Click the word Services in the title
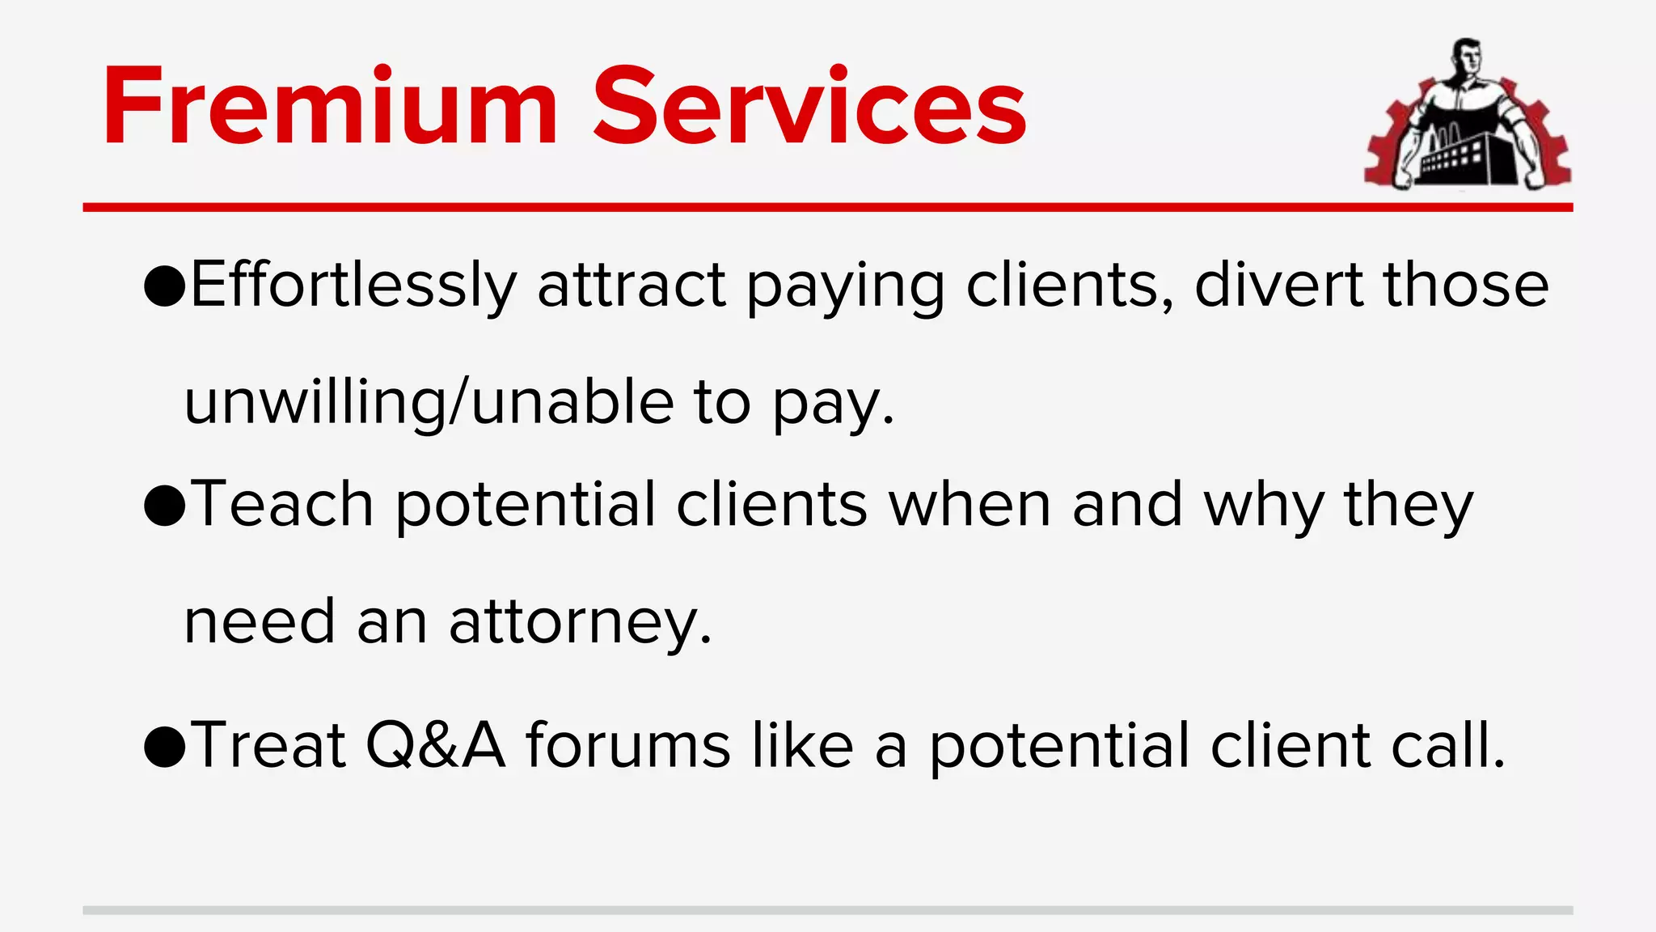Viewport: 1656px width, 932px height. pos(809,107)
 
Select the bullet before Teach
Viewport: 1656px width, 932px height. pos(164,506)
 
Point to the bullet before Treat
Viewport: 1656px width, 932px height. pos(164,746)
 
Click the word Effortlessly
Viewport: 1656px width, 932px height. pos(353,286)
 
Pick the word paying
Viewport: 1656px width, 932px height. pos(845,287)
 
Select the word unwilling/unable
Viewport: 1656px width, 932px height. pos(429,402)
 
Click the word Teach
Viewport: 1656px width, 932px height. pos(283,504)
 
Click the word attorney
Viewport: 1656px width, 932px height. pos(580,623)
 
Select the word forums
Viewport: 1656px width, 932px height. pos(629,744)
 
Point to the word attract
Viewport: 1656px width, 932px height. pos(632,286)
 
